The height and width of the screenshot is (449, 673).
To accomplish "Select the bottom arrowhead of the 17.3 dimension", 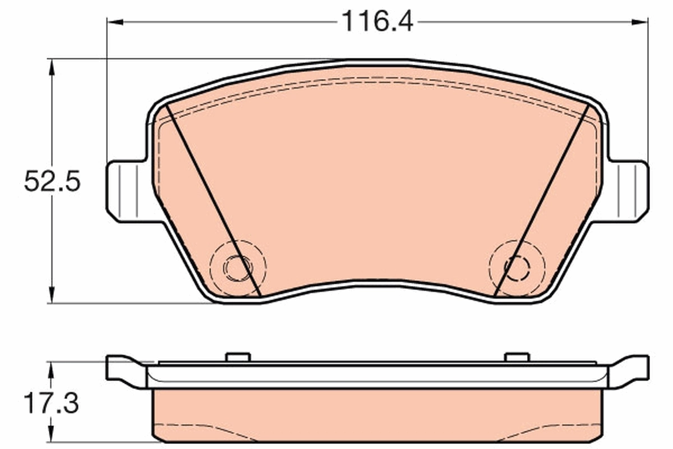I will click(52, 435).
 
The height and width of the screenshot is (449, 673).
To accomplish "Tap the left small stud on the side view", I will click(237, 358).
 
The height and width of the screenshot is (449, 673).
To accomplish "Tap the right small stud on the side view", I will click(517, 358).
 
